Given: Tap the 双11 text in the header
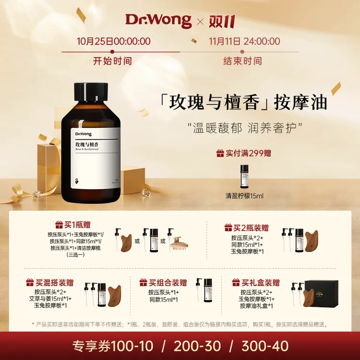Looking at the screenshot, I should pyautogui.click(x=222, y=20).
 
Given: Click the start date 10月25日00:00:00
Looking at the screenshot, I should pyautogui.click(x=112, y=41).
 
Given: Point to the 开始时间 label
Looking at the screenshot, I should pyautogui.click(x=112, y=61).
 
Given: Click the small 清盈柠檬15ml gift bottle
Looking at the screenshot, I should pyautogui.click(x=244, y=176).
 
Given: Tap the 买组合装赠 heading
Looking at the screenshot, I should pyautogui.click(x=163, y=282).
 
